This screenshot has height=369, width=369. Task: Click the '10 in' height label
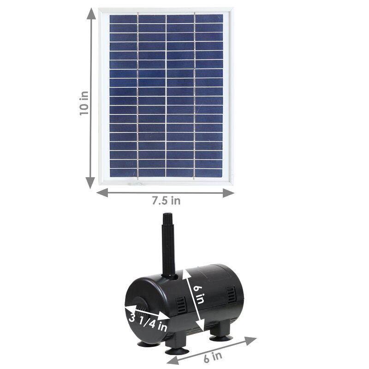tap(84, 103)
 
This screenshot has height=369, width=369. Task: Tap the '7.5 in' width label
tap(166, 201)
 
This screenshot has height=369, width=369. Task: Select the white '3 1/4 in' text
tap(148, 322)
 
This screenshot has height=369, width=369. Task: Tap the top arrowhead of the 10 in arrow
tap(91, 15)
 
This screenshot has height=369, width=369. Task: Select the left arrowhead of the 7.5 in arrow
tap(102, 193)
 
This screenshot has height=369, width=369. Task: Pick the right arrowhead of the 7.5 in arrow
tap(228, 193)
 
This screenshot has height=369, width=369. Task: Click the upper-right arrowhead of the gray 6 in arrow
tap(250, 340)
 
